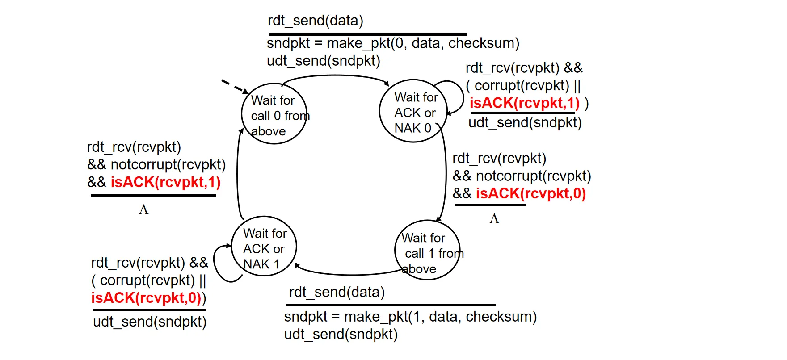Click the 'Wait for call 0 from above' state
tap(274, 114)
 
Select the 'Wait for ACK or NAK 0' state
tap(413, 112)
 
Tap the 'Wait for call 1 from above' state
tap(427, 251)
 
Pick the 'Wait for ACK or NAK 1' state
tap(264, 248)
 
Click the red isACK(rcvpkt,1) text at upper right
tap(524, 103)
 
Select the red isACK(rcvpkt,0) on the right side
tap(530, 193)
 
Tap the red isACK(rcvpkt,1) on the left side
tap(165, 182)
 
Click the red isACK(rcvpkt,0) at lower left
tap(147, 298)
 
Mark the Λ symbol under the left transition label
tap(143, 210)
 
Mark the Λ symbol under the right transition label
tap(494, 219)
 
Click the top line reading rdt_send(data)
tap(315, 21)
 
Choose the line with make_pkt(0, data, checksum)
tap(392, 43)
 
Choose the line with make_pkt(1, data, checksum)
tap(410, 317)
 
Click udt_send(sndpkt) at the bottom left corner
tap(149, 322)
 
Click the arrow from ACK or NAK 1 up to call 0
tap(238, 174)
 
